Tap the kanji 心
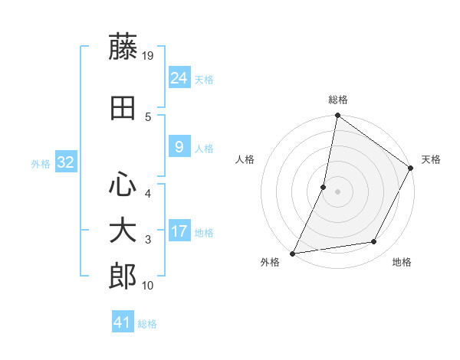click(x=123, y=184)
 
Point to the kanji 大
click(x=123, y=231)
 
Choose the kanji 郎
click(x=123, y=277)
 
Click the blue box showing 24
click(x=179, y=78)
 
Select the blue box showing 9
click(x=179, y=148)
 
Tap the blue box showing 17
click(x=179, y=231)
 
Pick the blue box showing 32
click(x=65, y=162)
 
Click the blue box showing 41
click(x=123, y=322)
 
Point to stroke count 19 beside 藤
click(x=149, y=55)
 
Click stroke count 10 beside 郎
click(x=149, y=286)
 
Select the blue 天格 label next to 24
click(x=204, y=80)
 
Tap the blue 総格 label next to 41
click(x=147, y=324)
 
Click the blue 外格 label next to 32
click(x=41, y=164)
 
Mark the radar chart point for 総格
click(x=337, y=116)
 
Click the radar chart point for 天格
click(x=411, y=169)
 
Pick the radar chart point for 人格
click(x=324, y=187)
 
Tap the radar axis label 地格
click(x=402, y=263)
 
